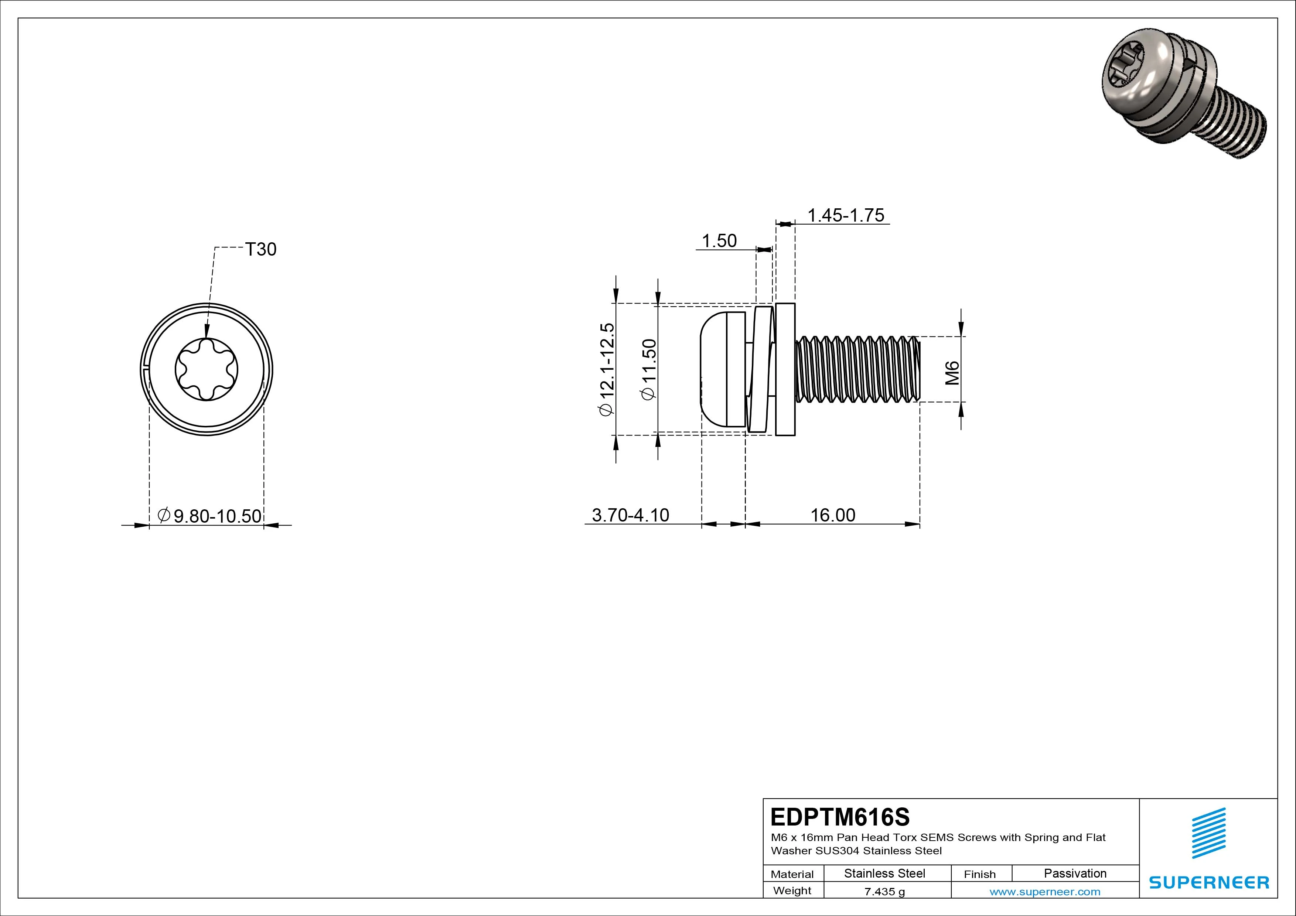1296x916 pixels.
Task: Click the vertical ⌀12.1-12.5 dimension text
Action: click(606, 370)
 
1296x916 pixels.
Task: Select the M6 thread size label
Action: click(953, 373)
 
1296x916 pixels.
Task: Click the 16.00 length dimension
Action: click(833, 515)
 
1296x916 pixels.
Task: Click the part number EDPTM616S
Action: click(840, 817)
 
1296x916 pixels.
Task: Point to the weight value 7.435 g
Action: click(884, 892)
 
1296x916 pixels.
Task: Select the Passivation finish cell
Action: click(1075, 873)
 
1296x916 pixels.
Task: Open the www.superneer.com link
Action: click(1045, 892)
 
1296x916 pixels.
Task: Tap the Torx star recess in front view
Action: click(207, 370)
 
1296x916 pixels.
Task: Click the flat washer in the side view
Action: click(785, 370)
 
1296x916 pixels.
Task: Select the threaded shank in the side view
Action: click(858, 370)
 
